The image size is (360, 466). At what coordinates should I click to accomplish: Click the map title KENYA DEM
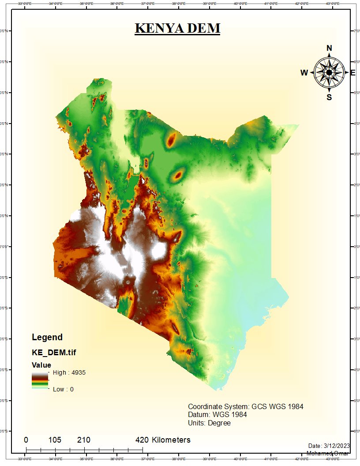[x=177, y=28]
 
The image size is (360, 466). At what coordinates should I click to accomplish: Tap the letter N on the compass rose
[x=329, y=48]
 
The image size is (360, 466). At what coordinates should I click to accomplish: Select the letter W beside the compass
[x=304, y=73]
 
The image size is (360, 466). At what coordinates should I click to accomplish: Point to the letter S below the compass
[x=329, y=98]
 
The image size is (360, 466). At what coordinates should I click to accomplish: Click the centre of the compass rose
[x=329, y=72]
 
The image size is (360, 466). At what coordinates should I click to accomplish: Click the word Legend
[x=47, y=338]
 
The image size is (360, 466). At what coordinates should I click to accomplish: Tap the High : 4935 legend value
[x=69, y=372]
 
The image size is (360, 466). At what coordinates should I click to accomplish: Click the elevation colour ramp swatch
[x=39, y=380]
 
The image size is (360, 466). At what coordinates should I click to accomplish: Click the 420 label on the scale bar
[x=142, y=440]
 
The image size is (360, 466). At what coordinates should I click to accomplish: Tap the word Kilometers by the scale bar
[x=171, y=440]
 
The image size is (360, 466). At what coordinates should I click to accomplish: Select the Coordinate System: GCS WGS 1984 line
[x=246, y=406]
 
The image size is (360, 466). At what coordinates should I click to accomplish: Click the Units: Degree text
[x=209, y=423]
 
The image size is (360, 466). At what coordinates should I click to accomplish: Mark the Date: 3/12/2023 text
[x=329, y=446]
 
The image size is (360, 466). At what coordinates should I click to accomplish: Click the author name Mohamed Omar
[x=328, y=453]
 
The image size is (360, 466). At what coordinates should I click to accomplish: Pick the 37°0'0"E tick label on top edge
[x=147, y=4]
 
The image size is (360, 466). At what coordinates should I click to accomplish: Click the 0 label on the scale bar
[x=26, y=440]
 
